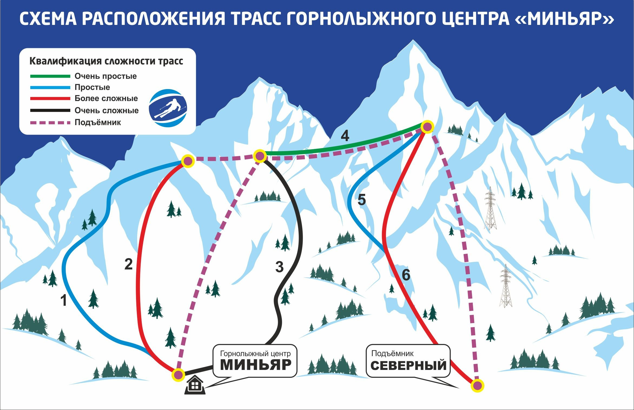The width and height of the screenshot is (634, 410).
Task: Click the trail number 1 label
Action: point(64,301)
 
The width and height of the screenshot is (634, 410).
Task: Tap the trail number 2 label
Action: point(128,264)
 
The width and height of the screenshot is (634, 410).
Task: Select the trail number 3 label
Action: point(279,267)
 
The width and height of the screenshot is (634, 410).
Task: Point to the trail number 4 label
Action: point(345,136)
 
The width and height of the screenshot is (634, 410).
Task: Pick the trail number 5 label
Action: point(362,200)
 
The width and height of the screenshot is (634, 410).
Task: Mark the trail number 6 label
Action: point(406,275)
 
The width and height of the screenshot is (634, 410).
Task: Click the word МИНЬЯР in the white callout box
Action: point(256,365)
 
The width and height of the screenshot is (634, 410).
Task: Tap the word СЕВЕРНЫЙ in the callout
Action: point(408,366)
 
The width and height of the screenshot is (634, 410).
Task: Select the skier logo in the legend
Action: point(168,108)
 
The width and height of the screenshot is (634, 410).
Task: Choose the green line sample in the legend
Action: point(50,76)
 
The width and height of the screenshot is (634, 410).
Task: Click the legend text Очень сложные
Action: point(107,110)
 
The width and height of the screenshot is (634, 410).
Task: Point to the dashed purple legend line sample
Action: point(50,123)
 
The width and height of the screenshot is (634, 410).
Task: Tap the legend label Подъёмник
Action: point(98,122)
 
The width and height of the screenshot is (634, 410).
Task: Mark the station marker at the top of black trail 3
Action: point(260,156)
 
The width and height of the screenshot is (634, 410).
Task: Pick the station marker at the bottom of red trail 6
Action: point(477,385)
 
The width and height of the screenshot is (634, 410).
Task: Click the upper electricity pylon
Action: point(490,209)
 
